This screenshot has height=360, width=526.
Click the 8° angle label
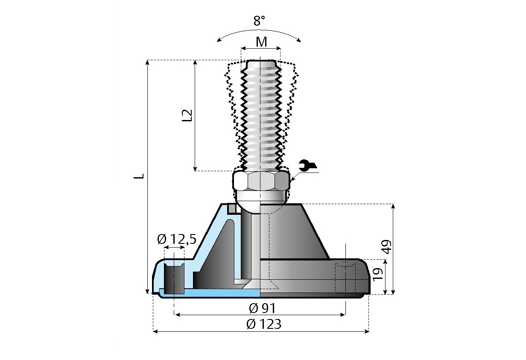pyautogui.click(x=259, y=21)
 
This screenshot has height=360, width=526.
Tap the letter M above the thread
pyautogui.click(x=261, y=42)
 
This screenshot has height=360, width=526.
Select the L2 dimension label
pyautogui.click(x=187, y=115)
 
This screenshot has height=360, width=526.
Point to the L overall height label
pyautogui.click(x=139, y=176)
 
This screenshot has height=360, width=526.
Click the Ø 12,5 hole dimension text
pyautogui.click(x=177, y=239)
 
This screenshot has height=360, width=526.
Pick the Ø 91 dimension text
pyautogui.click(x=262, y=308)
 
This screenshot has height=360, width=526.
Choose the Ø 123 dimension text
pyautogui.click(x=264, y=324)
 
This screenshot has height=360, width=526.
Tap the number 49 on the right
pyautogui.click(x=386, y=247)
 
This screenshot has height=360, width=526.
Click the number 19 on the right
pyautogui.click(x=377, y=275)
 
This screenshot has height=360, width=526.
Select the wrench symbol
pyautogui.click(x=307, y=165)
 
